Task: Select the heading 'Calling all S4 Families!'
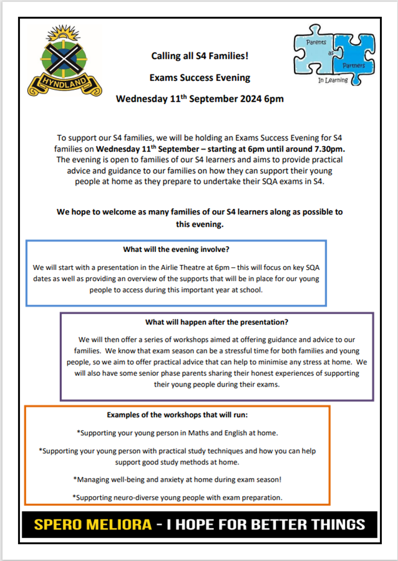coord(200,56)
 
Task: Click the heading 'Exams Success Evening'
coord(200,78)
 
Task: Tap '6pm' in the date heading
coord(273,99)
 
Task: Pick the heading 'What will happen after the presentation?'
coord(216,322)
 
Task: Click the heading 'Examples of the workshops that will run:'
coord(177,415)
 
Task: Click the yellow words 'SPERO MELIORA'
coord(93,524)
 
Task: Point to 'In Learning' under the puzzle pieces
coord(332,80)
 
